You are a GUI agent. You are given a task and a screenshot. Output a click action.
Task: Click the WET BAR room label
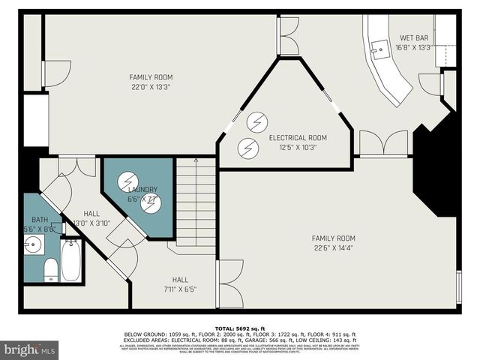(414, 37)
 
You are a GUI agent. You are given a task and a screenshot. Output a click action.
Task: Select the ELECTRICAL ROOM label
(298, 137)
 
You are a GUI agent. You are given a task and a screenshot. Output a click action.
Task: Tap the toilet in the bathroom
(51, 269)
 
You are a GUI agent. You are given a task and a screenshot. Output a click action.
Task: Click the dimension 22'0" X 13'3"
(150, 86)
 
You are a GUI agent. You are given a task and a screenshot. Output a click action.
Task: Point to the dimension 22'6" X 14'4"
(333, 248)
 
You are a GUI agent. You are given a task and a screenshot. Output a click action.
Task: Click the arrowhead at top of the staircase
(196, 160)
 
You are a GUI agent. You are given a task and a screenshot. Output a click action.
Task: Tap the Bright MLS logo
(30, 349)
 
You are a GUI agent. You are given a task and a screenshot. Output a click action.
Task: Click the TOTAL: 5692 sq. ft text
(239, 328)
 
